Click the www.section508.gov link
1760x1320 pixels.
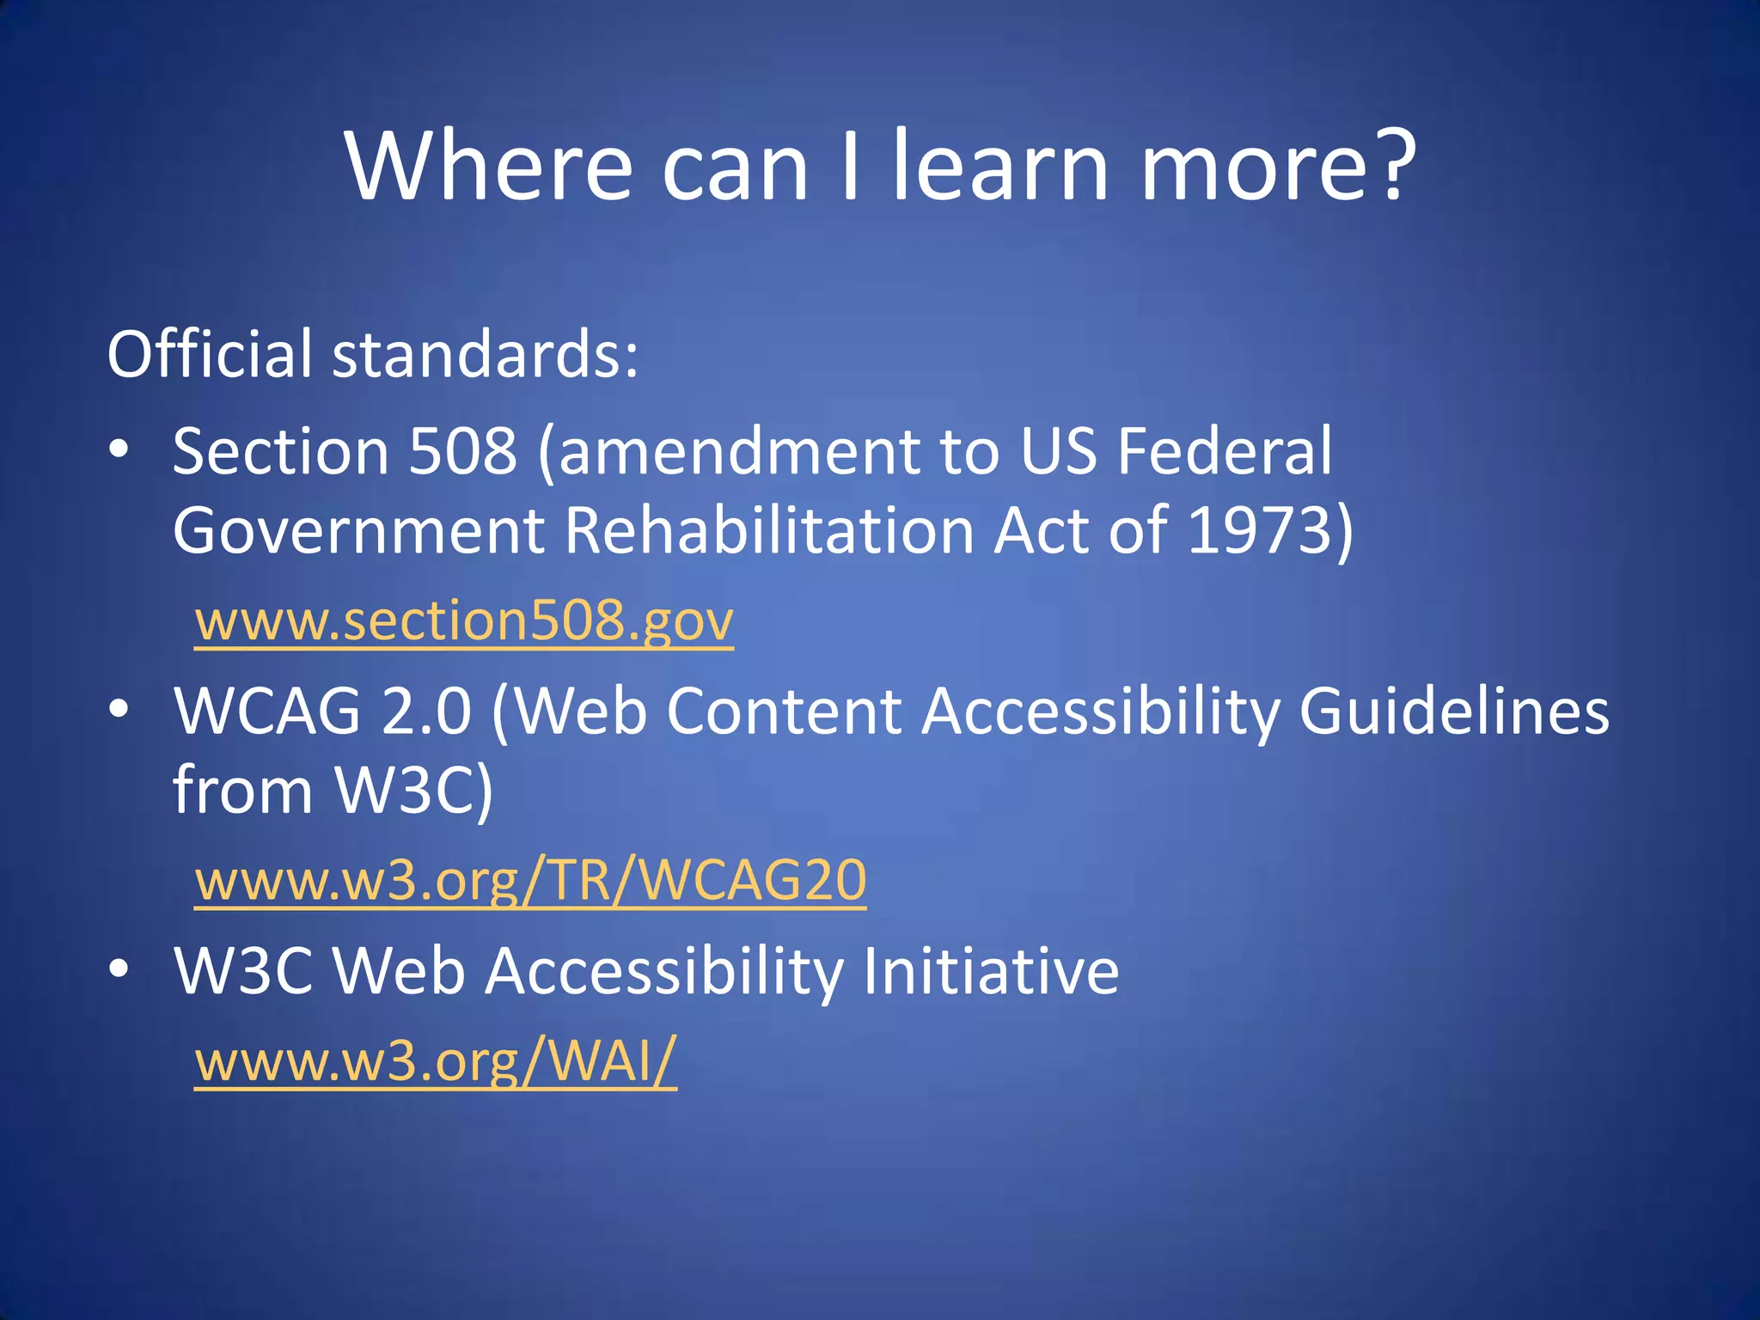click(x=464, y=620)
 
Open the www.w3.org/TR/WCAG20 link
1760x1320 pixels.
click(x=530, y=880)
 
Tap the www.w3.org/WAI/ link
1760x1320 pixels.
click(x=436, y=1060)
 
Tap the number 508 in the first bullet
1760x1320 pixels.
click(x=463, y=450)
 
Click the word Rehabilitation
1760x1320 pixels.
click(x=769, y=529)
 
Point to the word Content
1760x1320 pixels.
click(x=784, y=712)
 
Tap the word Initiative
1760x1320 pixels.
click(x=991, y=971)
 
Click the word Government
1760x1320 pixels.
click(x=358, y=529)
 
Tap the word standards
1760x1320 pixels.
click(x=486, y=354)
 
